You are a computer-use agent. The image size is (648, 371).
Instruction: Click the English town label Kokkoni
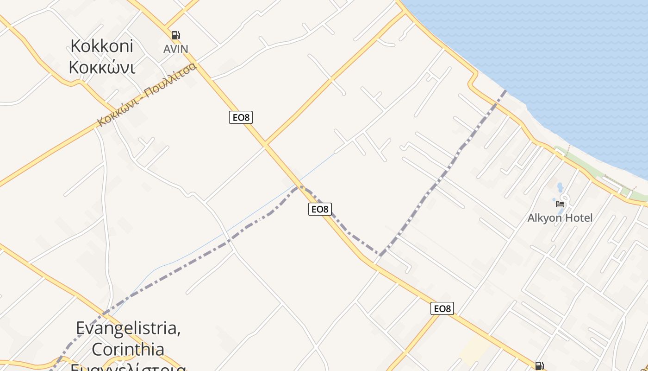click(102, 46)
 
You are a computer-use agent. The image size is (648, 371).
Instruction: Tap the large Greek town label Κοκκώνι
click(102, 67)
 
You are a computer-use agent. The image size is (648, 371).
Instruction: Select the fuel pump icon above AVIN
click(175, 35)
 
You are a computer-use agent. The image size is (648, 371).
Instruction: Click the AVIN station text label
click(175, 49)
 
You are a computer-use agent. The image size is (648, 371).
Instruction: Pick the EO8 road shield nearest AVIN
click(241, 117)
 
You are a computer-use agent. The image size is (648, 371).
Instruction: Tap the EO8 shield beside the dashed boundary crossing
click(320, 209)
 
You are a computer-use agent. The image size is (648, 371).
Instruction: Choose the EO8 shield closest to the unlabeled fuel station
click(442, 308)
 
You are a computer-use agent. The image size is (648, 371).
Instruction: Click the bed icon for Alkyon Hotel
click(560, 204)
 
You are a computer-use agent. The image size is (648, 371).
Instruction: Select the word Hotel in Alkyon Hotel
click(579, 217)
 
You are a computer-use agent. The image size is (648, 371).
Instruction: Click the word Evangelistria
click(128, 327)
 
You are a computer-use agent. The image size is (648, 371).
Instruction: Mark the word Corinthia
click(128, 349)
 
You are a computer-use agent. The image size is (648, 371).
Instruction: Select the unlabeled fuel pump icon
click(539, 366)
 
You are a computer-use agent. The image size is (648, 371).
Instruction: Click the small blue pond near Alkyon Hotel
click(560, 188)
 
